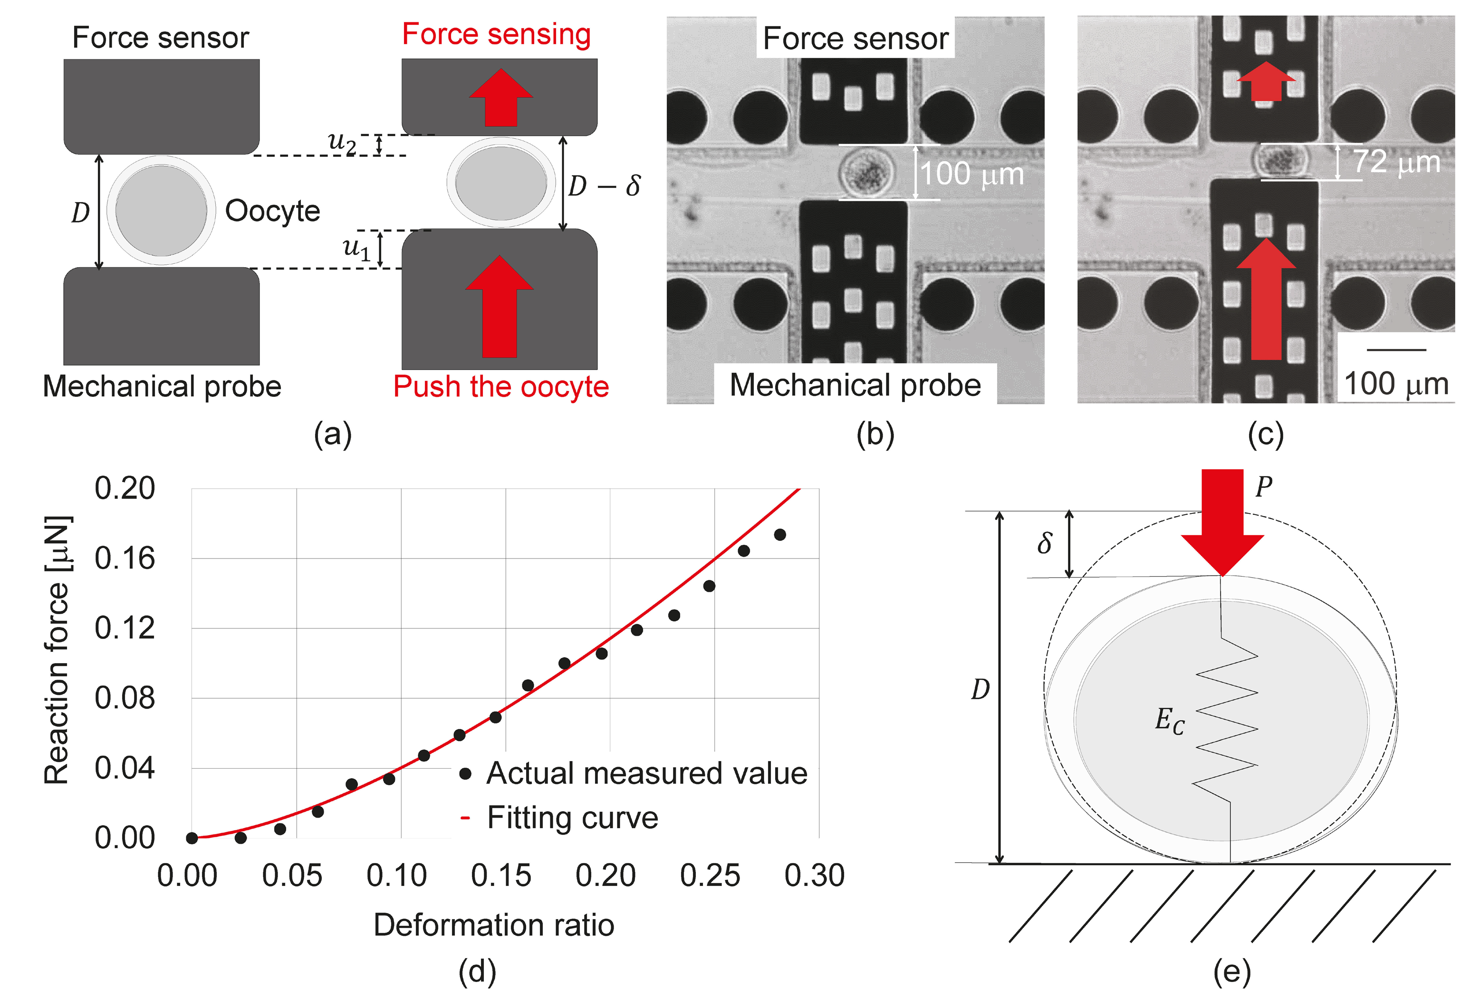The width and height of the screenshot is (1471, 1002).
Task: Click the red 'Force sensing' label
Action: (x=496, y=35)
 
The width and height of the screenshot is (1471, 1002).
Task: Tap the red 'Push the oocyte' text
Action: (x=500, y=386)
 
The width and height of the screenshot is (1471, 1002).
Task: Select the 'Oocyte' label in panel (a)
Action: (x=272, y=211)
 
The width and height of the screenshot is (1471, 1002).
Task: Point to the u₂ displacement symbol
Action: (x=342, y=142)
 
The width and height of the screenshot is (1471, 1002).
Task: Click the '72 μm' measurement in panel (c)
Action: (x=1396, y=162)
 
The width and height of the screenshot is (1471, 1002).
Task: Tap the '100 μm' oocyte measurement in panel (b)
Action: (x=971, y=173)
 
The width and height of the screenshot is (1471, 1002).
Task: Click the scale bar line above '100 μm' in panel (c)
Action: (x=1396, y=349)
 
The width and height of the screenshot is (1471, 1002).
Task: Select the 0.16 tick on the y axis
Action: (x=125, y=559)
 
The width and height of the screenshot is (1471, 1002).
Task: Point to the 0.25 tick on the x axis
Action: (x=710, y=876)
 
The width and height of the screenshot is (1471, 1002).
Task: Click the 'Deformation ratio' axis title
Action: (x=494, y=925)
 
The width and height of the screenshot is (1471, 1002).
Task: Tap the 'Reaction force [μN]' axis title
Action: (x=57, y=650)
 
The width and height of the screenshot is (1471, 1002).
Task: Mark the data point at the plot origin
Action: (x=192, y=838)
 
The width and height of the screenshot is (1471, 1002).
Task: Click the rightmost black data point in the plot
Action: (x=780, y=535)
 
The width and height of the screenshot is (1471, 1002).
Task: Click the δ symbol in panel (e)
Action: (x=1045, y=543)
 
